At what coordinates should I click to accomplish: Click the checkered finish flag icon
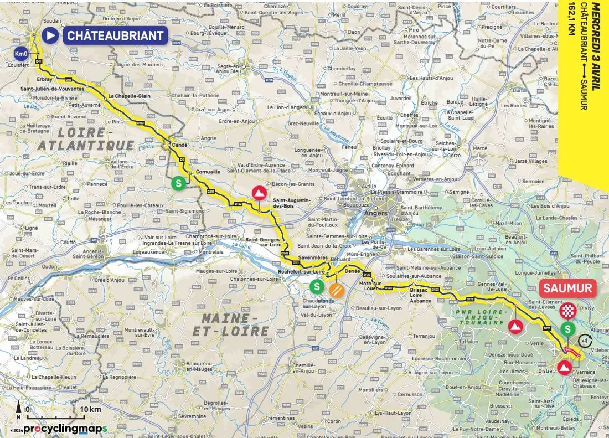click(x=568, y=311)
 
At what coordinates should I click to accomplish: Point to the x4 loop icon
click(x=584, y=342)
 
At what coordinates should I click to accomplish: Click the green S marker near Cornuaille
click(x=178, y=182)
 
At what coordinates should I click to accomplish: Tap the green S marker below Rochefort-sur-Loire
click(x=316, y=286)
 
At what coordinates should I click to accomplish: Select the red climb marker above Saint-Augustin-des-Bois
click(x=258, y=193)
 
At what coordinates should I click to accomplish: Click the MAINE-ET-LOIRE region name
click(x=235, y=325)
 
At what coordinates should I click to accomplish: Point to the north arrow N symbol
click(x=19, y=413)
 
